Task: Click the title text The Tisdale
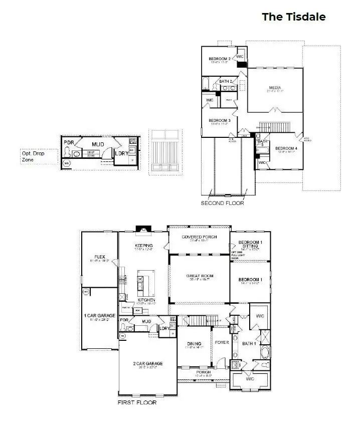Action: click(293, 17)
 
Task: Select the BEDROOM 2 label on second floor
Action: click(220, 59)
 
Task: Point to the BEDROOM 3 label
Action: click(220, 120)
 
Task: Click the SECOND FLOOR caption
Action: click(222, 203)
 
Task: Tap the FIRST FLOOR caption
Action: click(137, 402)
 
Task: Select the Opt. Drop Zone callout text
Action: click(33, 156)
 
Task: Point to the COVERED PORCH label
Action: click(199, 237)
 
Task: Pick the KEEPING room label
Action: click(143, 246)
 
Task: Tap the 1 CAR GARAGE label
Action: click(99, 316)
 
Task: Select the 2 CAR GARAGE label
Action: click(147, 363)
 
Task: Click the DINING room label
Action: click(194, 343)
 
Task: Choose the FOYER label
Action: click(221, 343)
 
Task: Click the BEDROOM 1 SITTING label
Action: click(250, 245)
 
